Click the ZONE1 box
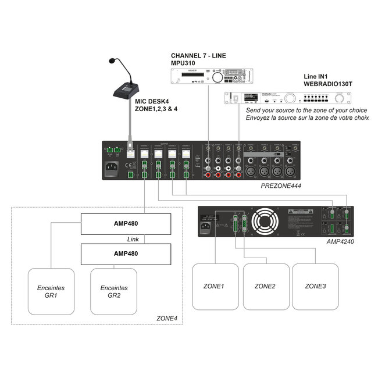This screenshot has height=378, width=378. coord(215,287)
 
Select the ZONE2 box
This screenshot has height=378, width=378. coord(265,287)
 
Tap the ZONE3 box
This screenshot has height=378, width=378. coord(315,287)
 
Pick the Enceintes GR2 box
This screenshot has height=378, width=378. coord(113,291)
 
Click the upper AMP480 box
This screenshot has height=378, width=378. coord(126,223)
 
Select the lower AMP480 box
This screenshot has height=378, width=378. coord(126,254)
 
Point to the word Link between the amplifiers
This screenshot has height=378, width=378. coord(133,239)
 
